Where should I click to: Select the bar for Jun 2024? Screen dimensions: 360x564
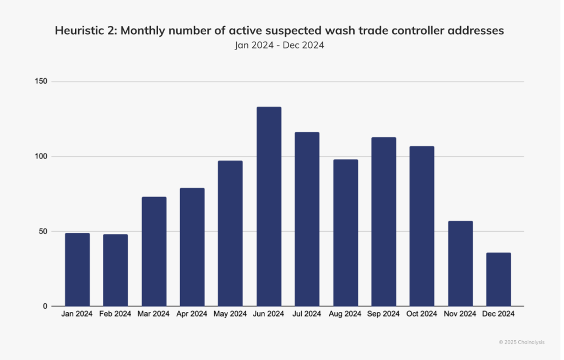point(269,206)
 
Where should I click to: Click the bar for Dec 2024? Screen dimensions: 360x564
point(498,279)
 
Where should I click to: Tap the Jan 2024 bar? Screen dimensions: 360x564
point(77,269)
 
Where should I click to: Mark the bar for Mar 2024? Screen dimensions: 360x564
point(154,251)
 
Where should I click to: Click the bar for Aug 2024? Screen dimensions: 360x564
point(345,232)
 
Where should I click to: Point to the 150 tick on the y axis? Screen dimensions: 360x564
point(42,81)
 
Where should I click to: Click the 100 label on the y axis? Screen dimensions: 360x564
point(42,156)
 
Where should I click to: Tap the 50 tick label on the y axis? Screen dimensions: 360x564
point(44,231)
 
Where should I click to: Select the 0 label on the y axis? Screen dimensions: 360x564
point(46,306)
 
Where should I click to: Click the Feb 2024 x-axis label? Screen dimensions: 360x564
point(116,314)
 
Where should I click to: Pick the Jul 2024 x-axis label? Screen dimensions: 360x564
point(307,314)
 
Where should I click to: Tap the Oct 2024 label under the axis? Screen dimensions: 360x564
point(422,314)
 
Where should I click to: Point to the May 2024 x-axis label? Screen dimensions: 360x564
point(230,314)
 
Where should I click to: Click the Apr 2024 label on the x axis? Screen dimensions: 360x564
point(192,314)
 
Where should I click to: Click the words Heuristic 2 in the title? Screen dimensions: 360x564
point(85,31)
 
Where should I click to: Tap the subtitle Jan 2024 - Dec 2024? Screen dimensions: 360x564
point(279,45)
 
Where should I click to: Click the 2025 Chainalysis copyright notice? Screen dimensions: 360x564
point(521,342)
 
